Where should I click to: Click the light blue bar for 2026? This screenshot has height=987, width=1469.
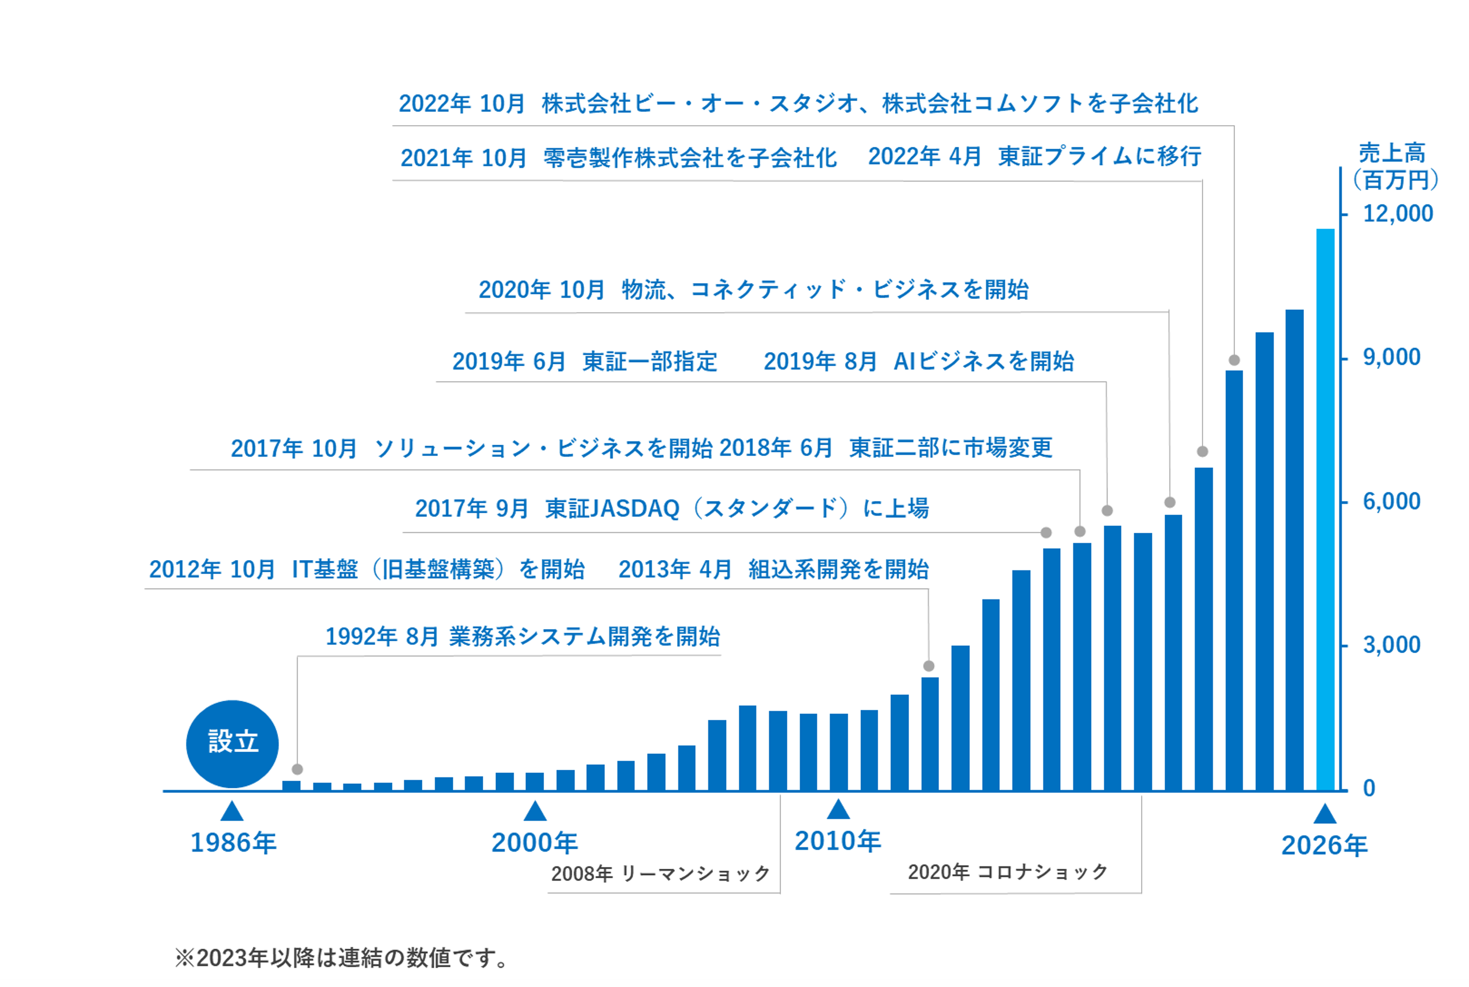coord(1325,510)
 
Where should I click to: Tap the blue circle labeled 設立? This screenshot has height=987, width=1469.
coord(232,743)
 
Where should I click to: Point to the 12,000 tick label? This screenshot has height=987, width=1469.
coord(1397,214)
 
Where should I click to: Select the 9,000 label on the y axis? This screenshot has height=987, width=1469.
coord(1391,357)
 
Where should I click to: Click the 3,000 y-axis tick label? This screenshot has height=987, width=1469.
coord(1391,645)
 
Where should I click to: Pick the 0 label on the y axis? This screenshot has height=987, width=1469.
coord(1368,788)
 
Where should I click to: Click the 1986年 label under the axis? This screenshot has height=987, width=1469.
coord(233,843)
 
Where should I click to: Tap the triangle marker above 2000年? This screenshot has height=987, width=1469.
coord(535,811)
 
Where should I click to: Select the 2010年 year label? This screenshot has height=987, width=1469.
coord(838,841)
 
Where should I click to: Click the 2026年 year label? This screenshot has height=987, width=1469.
coord(1324,845)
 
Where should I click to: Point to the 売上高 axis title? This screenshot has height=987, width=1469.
coord(1391,153)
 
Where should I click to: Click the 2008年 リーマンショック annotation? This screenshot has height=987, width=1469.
coord(660,873)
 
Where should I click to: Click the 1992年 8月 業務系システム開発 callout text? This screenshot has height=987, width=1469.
coord(522,637)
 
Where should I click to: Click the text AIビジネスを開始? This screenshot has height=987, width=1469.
coord(984,361)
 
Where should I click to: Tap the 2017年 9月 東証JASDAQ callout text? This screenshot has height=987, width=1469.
coord(671,508)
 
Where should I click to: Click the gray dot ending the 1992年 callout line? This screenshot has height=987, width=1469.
coord(298,769)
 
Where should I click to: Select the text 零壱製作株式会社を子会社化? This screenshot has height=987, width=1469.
coord(690,158)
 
